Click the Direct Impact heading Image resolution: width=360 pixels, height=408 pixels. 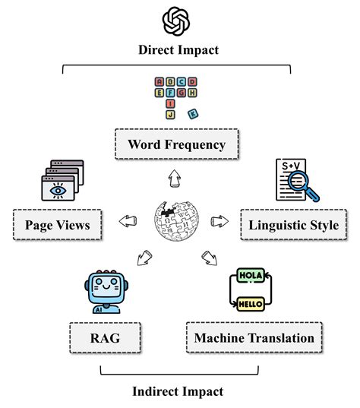coord(178,50)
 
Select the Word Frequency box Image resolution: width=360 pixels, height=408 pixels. coord(176,143)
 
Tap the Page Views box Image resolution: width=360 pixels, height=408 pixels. coord(57,225)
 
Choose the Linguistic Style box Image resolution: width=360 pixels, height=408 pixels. coord(288,225)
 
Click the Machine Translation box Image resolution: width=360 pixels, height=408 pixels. coord(254,336)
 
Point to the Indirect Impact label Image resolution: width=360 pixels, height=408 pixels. coord(179,391)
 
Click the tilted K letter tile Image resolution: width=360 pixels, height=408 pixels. coord(192,114)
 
